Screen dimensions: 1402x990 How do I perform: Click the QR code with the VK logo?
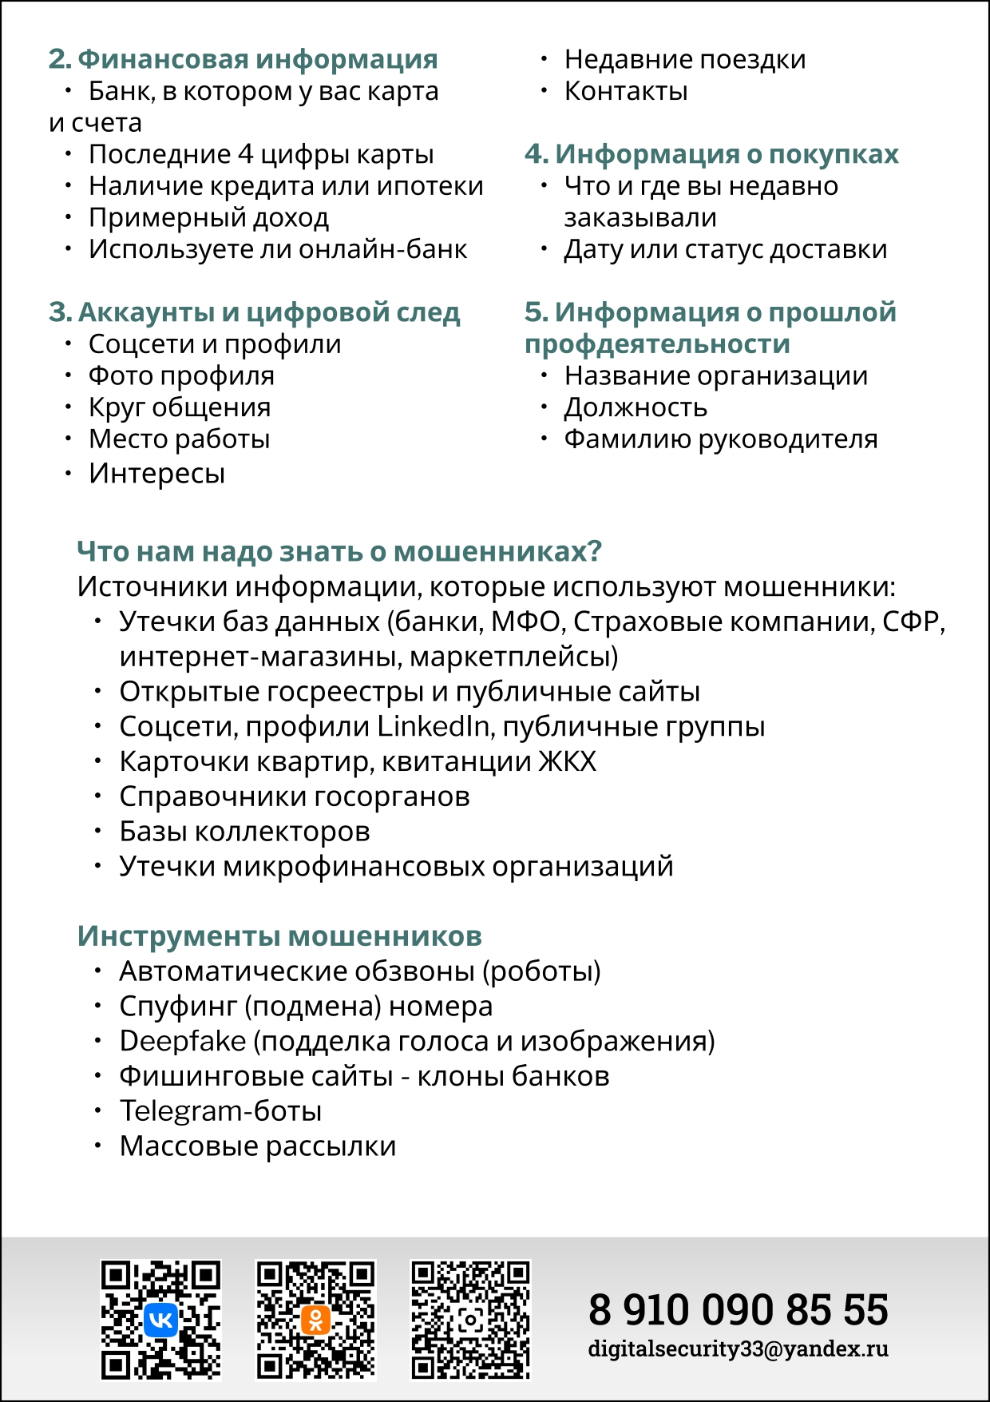coord(160,1319)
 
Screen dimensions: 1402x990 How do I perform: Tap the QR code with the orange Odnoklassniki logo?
coord(315,1319)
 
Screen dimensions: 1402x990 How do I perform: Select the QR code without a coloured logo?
coord(470,1319)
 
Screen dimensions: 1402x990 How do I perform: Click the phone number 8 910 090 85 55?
coord(738,1310)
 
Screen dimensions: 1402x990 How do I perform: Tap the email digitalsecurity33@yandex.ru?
coord(738,1349)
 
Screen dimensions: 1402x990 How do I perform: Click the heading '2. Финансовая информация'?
coord(243,59)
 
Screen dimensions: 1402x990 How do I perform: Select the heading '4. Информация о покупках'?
coord(711,153)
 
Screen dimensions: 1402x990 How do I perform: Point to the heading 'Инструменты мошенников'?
coord(279,935)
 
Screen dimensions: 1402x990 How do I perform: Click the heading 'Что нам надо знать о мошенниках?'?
coord(339,551)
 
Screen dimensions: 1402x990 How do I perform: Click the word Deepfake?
coord(182,1041)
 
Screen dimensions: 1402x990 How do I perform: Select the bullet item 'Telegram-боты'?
coord(220,1111)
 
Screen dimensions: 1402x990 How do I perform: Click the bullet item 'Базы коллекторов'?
coord(244,832)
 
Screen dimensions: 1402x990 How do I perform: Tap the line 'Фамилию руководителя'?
coord(720,439)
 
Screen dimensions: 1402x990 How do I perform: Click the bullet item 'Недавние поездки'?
coord(684,59)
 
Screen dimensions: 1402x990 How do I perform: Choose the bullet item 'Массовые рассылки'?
coord(257,1146)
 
